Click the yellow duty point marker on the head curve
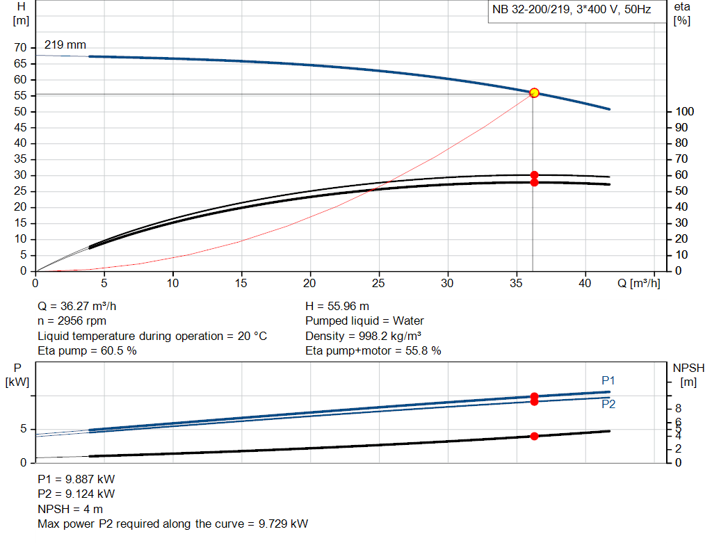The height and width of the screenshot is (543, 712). point(534,92)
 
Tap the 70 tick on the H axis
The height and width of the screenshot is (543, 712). point(21,48)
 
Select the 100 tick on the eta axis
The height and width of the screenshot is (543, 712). point(685,112)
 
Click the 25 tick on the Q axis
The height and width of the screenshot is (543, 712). point(378,284)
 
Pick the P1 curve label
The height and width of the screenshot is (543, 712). point(608,380)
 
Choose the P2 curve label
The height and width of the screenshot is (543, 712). point(608,404)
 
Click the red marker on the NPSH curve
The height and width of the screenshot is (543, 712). point(534,436)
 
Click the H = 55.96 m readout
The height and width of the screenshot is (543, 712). point(337,306)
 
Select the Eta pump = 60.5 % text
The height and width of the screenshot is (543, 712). point(87,351)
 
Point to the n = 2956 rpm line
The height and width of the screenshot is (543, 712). point(71,321)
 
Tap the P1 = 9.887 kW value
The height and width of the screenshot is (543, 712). point(76,479)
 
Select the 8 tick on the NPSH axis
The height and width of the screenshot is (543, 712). point(678,408)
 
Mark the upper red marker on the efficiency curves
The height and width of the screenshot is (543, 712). point(534,175)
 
